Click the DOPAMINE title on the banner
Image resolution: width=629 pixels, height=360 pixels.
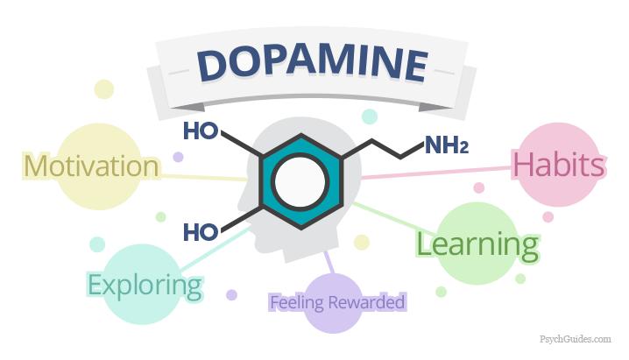313,66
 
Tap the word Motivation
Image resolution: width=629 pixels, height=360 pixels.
91,166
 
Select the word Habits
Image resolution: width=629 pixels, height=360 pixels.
559,165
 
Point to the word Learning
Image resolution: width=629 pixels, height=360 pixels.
477,245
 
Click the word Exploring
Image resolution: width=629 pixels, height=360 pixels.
145,286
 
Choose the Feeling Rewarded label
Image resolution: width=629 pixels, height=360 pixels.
338,302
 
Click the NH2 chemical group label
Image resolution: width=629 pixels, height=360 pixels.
447,145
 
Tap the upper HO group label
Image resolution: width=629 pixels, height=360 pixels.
201,131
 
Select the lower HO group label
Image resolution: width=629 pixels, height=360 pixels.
201,232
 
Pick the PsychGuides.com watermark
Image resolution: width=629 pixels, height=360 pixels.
576,339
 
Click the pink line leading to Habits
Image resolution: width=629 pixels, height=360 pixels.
437,173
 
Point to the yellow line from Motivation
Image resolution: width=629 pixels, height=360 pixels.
203,178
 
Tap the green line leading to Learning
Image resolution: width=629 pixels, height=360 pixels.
393,219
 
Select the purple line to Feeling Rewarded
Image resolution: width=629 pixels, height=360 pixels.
329,263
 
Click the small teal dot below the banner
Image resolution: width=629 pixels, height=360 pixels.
370,116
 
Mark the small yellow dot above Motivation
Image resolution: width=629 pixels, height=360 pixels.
104,89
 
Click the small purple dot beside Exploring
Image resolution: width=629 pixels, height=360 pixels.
231,295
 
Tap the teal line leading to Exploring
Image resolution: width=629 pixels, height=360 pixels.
215,249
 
